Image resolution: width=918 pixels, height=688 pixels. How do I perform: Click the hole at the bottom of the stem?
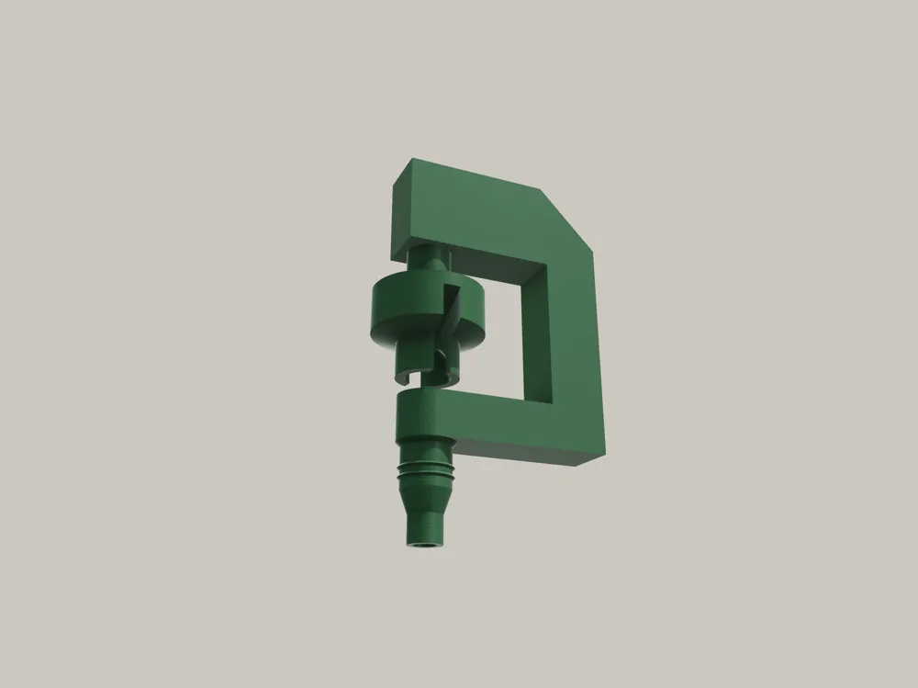[425, 546]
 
